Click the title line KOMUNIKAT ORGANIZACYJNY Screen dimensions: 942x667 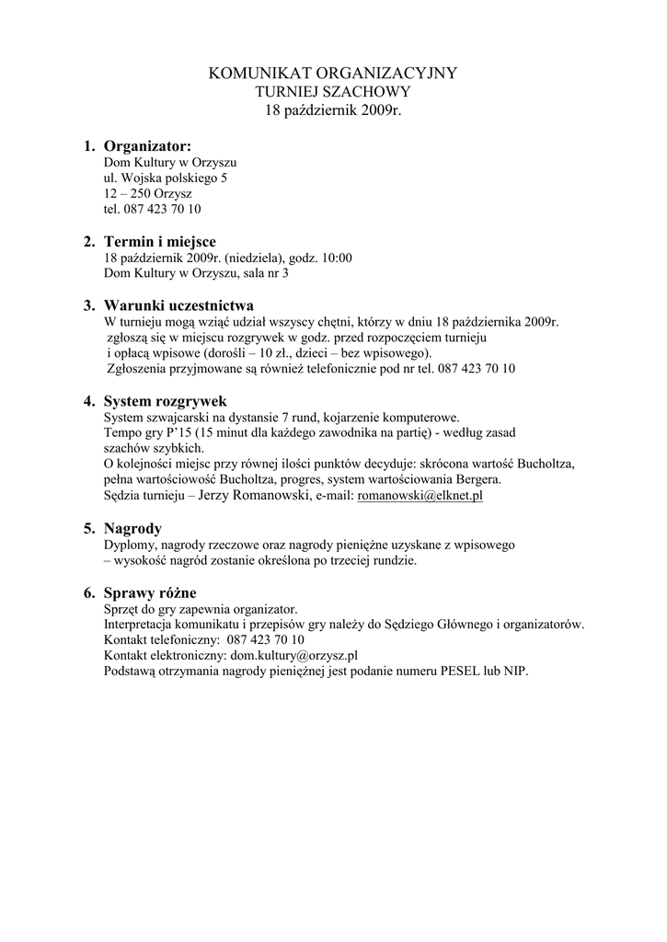pos(333,73)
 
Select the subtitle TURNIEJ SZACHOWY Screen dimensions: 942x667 pos(333,92)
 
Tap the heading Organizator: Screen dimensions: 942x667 pos(147,146)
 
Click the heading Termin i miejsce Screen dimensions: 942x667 pos(159,242)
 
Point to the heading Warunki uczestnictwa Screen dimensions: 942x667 pos(178,305)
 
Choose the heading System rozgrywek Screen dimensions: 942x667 pos(165,401)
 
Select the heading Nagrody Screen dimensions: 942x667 pos(132,529)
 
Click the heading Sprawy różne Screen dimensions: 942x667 pos(150,592)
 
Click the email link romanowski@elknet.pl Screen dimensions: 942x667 pos(420,496)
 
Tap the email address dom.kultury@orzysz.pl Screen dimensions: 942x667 pos(293,655)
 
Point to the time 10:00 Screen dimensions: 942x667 pos(336,258)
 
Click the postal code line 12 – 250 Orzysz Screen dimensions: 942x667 pos(147,194)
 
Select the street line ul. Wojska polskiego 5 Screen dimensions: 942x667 pos(166,178)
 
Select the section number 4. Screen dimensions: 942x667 pos(88,401)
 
